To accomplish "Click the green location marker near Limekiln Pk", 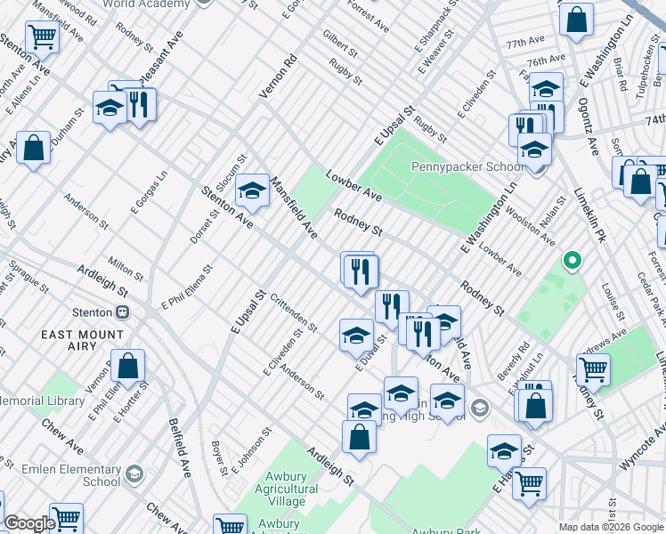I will point(573,262).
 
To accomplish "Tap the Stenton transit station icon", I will point(123,312).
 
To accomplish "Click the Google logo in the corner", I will point(28,523).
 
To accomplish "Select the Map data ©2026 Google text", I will point(611,527).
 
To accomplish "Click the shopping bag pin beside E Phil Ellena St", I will point(128,366).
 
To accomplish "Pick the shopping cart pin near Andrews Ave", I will point(592,368).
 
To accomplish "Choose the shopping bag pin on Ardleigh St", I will point(359,438).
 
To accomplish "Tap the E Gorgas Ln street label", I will point(149,193).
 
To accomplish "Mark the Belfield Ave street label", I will point(180,449).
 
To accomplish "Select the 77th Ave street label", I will point(525,43).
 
